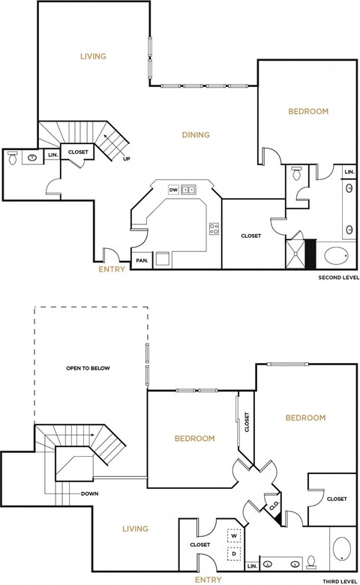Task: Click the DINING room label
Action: (x=196, y=135)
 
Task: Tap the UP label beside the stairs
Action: (x=126, y=158)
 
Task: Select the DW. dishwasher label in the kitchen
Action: (x=174, y=190)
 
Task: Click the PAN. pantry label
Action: (x=142, y=261)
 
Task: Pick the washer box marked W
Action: (x=235, y=537)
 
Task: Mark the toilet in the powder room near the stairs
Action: (x=13, y=158)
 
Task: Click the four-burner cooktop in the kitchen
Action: (x=214, y=229)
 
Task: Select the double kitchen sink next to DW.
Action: (x=190, y=190)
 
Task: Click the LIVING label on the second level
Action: (x=93, y=56)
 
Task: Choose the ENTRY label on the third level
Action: (x=208, y=580)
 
